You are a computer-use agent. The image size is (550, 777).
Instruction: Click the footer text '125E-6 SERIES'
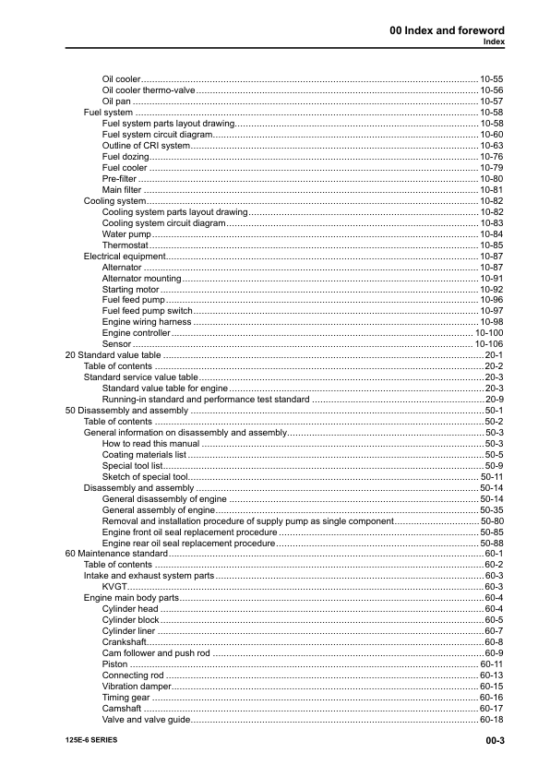pyautogui.click(x=91, y=741)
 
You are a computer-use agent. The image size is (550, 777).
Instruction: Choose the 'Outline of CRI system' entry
pyautogui.click(x=146, y=146)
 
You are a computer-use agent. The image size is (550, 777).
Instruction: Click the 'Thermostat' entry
pyautogui.click(x=125, y=245)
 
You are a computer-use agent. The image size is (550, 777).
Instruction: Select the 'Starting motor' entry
pyautogui.click(x=131, y=290)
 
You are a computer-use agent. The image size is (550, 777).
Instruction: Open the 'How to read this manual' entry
pyautogui.click(x=151, y=444)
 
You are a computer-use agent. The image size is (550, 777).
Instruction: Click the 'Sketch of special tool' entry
pyautogui.click(x=146, y=477)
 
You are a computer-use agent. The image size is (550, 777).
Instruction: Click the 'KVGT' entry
pyautogui.click(x=114, y=587)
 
